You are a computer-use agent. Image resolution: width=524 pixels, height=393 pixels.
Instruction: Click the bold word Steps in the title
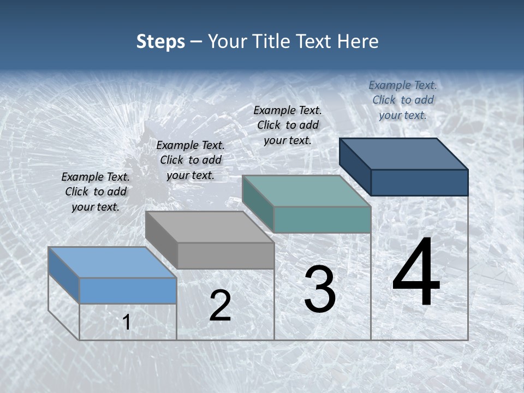tap(160, 41)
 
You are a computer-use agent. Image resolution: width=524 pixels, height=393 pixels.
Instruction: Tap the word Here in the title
tap(358, 41)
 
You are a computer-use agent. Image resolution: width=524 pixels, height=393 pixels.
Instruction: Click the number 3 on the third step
tap(320, 289)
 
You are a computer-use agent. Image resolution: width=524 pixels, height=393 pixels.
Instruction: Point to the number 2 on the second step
tap(220, 306)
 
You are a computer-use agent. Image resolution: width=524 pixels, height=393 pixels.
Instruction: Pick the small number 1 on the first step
tap(127, 323)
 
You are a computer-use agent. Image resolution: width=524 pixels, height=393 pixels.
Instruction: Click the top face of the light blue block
tap(112, 262)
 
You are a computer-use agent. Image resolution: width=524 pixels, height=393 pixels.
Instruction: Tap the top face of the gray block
tap(210, 227)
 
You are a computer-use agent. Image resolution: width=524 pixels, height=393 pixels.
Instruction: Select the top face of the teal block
tap(306, 191)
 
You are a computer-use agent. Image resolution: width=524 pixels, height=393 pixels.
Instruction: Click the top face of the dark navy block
tap(404, 153)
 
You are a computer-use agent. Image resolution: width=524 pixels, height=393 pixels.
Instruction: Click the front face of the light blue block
tap(128, 290)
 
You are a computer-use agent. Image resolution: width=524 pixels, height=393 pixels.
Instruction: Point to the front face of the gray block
tap(225, 255)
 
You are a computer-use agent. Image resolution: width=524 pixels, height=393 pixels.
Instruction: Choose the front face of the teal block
tap(322, 219)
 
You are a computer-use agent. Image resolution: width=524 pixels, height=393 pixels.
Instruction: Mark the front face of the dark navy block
tap(419, 182)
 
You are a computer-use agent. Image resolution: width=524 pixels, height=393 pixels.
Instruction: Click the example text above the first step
tap(96, 192)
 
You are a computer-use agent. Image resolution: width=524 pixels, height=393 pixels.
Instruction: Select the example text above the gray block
tap(190, 160)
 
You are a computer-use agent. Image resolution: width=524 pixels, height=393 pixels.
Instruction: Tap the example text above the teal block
tap(288, 125)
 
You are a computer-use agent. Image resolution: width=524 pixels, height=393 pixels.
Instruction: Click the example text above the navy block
tap(403, 100)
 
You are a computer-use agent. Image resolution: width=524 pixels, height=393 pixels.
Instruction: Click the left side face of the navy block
tap(355, 167)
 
